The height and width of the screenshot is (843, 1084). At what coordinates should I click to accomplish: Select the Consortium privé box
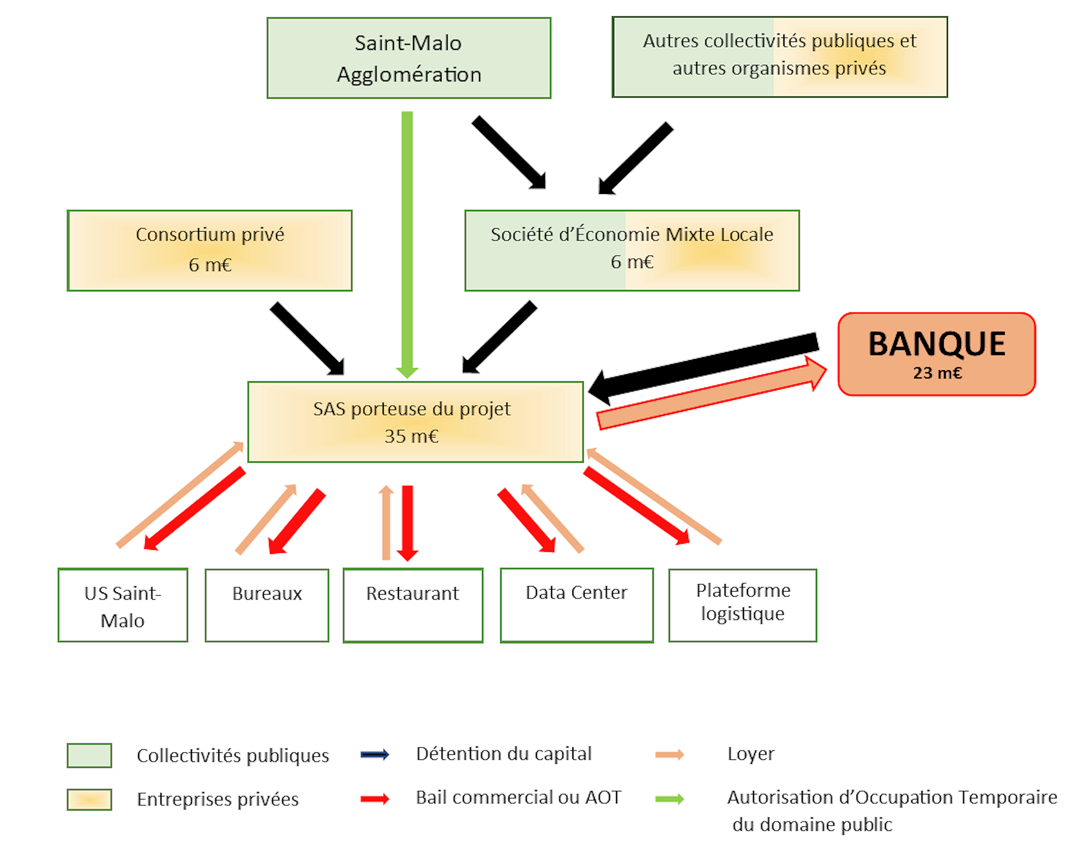click(x=210, y=251)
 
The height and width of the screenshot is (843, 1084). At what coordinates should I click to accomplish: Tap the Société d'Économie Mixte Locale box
click(x=632, y=251)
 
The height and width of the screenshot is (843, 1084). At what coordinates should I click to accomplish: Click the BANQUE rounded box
click(x=937, y=354)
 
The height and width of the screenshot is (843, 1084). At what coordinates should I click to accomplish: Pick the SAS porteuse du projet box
click(x=416, y=422)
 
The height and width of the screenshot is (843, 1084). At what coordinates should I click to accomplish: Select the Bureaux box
click(x=267, y=605)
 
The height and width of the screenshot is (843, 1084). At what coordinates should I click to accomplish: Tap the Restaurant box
click(x=413, y=605)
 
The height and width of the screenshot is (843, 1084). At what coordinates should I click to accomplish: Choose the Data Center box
click(x=577, y=605)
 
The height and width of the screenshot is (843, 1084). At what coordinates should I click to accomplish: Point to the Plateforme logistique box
click(x=743, y=605)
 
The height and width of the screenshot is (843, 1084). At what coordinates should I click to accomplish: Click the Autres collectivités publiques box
click(x=780, y=57)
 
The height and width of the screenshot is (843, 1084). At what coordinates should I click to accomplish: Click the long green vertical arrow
click(x=407, y=245)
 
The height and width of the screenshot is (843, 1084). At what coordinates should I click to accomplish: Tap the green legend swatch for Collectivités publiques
click(x=89, y=755)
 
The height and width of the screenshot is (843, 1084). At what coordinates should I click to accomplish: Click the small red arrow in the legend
click(x=375, y=799)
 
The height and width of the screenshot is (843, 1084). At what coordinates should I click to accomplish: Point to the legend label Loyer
click(x=750, y=754)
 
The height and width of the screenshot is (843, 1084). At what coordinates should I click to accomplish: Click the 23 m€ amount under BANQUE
click(x=937, y=373)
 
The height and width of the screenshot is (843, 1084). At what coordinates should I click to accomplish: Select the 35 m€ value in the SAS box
click(x=412, y=436)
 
